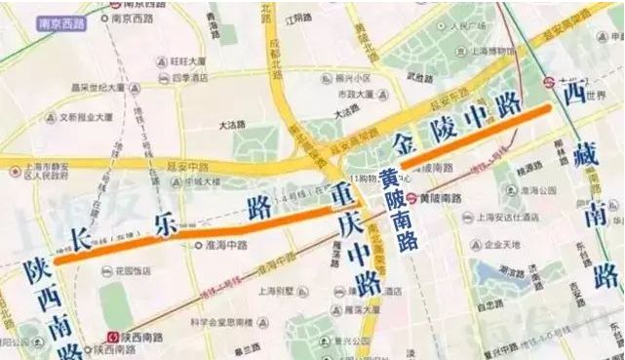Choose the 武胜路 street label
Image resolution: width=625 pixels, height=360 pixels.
pyautogui.click(x=417, y=78)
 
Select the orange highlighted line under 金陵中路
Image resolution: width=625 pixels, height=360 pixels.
pyautogui.click(x=478, y=134)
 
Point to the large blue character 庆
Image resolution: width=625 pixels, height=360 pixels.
pyautogui.click(x=349, y=224)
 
